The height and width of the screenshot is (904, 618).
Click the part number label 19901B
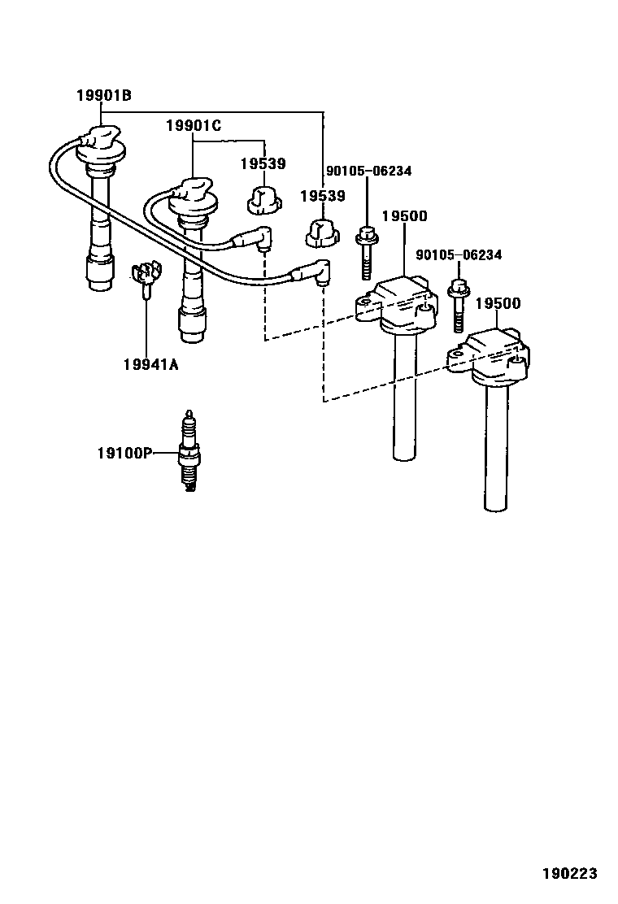(x=103, y=96)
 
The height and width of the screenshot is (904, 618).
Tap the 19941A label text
(x=150, y=363)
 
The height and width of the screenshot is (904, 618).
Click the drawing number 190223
(x=570, y=874)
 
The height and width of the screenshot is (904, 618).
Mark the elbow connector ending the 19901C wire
(x=260, y=239)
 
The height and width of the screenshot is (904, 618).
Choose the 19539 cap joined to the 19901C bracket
(x=263, y=198)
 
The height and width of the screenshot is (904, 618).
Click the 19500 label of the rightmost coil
(x=498, y=303)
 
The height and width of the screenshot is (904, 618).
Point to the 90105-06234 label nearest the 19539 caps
(x=368, y=172)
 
